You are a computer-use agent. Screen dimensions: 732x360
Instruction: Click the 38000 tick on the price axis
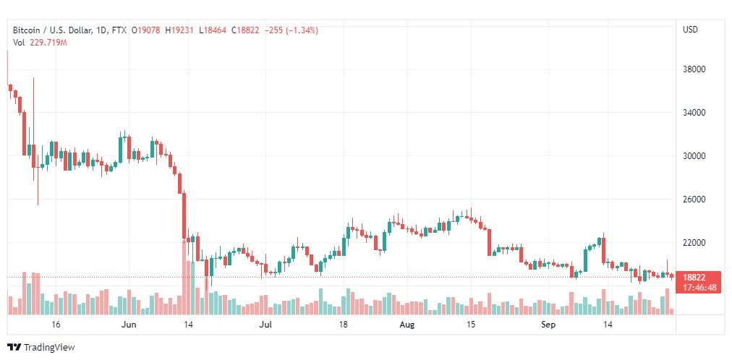coord(694,69)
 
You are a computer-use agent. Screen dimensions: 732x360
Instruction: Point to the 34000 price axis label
coord(694,113)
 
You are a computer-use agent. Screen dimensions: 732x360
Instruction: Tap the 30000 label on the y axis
coord(694,156)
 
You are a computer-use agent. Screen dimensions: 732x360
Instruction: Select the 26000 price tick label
coord(694,200)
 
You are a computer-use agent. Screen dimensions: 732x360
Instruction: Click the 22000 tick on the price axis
coord(694,243)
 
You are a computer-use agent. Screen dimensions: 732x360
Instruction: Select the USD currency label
coord(691,30)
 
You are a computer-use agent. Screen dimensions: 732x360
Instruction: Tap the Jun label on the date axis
coord(128,325)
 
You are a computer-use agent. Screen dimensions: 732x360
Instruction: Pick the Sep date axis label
coord(548,325)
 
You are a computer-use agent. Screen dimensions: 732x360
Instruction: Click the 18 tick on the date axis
coord(344,325)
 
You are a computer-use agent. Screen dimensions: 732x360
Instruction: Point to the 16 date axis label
coord(56,325)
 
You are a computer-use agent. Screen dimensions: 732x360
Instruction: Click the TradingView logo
coord(41,348)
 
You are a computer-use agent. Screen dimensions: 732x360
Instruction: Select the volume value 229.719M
coord(48,43)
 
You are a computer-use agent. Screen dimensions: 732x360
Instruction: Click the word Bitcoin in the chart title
coord(26,30)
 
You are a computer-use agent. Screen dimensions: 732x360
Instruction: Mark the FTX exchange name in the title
coord(119,30)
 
